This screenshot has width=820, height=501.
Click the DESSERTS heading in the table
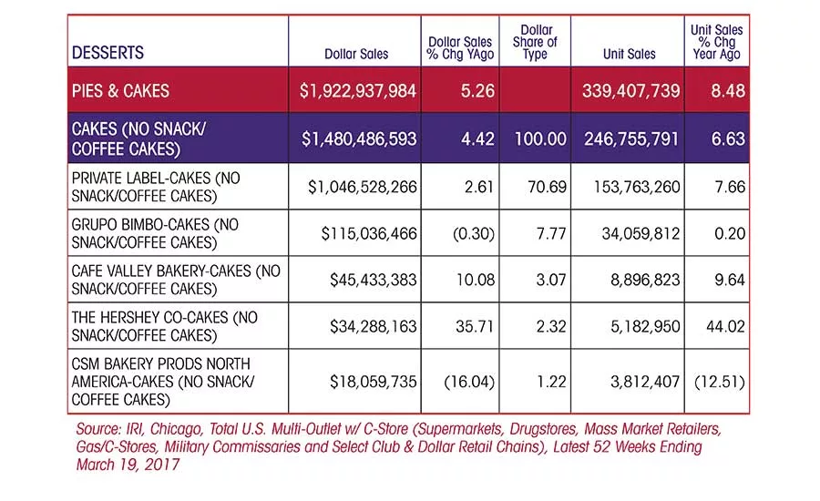[x=108, y=52]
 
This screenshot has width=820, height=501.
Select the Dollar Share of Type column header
[x=535, y=42]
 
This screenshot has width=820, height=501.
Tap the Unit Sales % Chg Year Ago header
[x=716, y=42]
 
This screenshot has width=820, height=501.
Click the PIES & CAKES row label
[x=121, y=91]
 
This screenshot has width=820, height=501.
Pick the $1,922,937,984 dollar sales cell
[x=358, y=91]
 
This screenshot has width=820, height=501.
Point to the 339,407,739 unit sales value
[x=631, y=91]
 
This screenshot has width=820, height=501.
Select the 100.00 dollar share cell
[x=540, y=139]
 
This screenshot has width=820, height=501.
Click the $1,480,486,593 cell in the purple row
[x=359, y=139]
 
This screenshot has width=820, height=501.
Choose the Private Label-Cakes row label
[x=156, y=187]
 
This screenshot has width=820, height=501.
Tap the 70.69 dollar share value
[x=547, y=187]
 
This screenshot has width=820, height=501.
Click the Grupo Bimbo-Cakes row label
[x=155, y=233]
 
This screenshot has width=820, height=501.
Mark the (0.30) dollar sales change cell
[x=473, y=233]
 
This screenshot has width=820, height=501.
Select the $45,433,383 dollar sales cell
[x=373, y=280]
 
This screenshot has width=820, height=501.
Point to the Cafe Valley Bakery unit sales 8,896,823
[x=645, y=280]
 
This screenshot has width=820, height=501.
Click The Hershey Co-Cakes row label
[x=165, y=326]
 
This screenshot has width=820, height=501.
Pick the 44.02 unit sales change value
[x=725, y=326]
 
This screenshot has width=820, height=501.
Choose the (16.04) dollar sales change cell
[x=468, y=382]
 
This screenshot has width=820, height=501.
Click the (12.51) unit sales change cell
[x=720, y=382]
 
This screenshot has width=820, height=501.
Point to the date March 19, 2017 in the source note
[x=128, y=465]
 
